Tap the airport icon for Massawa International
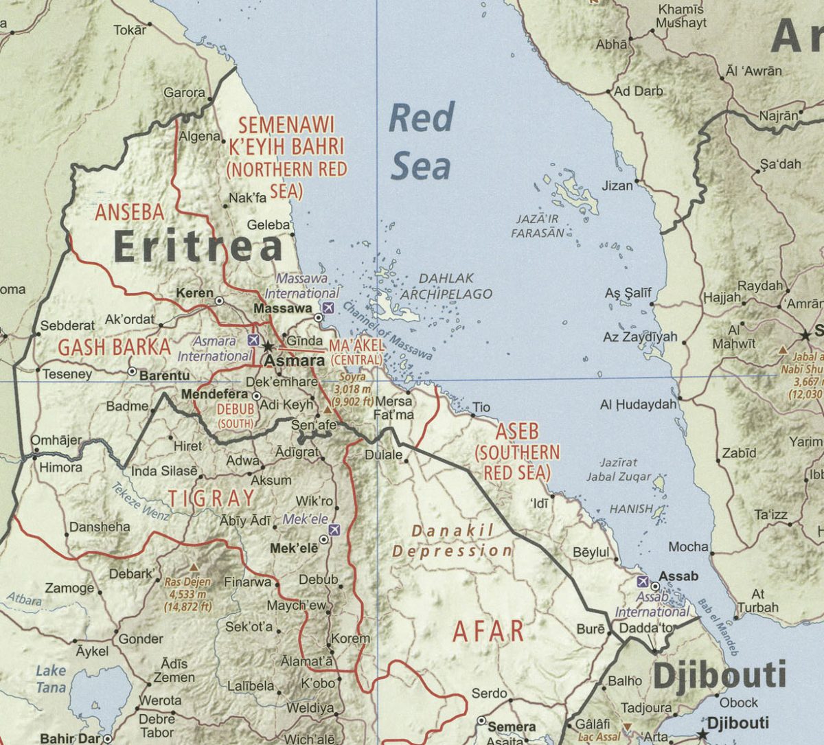pos(328,307)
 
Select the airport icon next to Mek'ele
pos(334,529)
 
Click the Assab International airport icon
pos(643,581)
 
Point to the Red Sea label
pos(420,141)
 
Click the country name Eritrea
pos(198,246)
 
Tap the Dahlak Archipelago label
pos(446,286)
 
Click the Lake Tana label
pos(51,678)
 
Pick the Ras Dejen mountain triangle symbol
pos(194,567)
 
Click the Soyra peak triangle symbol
pos(328,410)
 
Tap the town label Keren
pos(195,293)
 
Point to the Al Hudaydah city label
pos(638,404)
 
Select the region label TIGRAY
pos(211,498)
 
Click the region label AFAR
pos(488,631)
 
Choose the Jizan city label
pos(617,185)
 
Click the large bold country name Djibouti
pos(719,676)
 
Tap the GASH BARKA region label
pos(114,347)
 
